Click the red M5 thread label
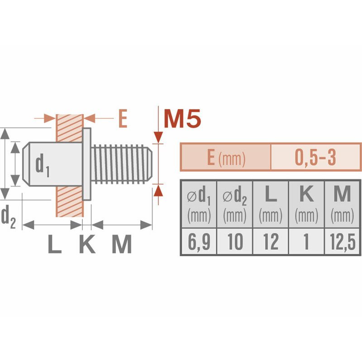pyautogui.click(x=182, y=119)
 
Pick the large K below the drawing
pyautogui.click(x=87, y=245)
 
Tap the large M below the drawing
pyautogui.click(x=121, y=245)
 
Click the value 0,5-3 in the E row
pyautogui.click(x=315, y=157)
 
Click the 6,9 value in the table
pyautogui.click(x=199, y=242)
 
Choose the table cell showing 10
pyautogui.click(x=234, y=242)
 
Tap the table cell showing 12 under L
pyautogui.click(x=271, y=242)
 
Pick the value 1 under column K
pyautogui.click(x=306, y=242)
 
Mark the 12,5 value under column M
pyautogui.click(x=343, y=242)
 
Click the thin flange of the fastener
pyautogui.click(x=87, y=164)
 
